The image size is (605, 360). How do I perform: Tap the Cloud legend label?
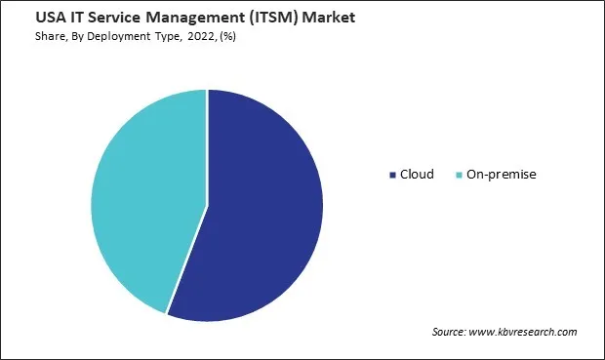pos(417,174)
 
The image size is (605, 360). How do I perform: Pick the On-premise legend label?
pos(503,174)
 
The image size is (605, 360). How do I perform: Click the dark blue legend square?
pos(391,175)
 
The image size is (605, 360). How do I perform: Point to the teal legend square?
pos(459,175)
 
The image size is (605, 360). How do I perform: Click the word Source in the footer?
pos(448,333)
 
